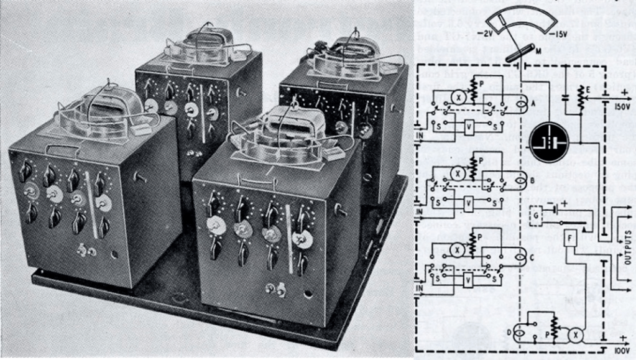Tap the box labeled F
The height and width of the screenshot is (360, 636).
[571, 238]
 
